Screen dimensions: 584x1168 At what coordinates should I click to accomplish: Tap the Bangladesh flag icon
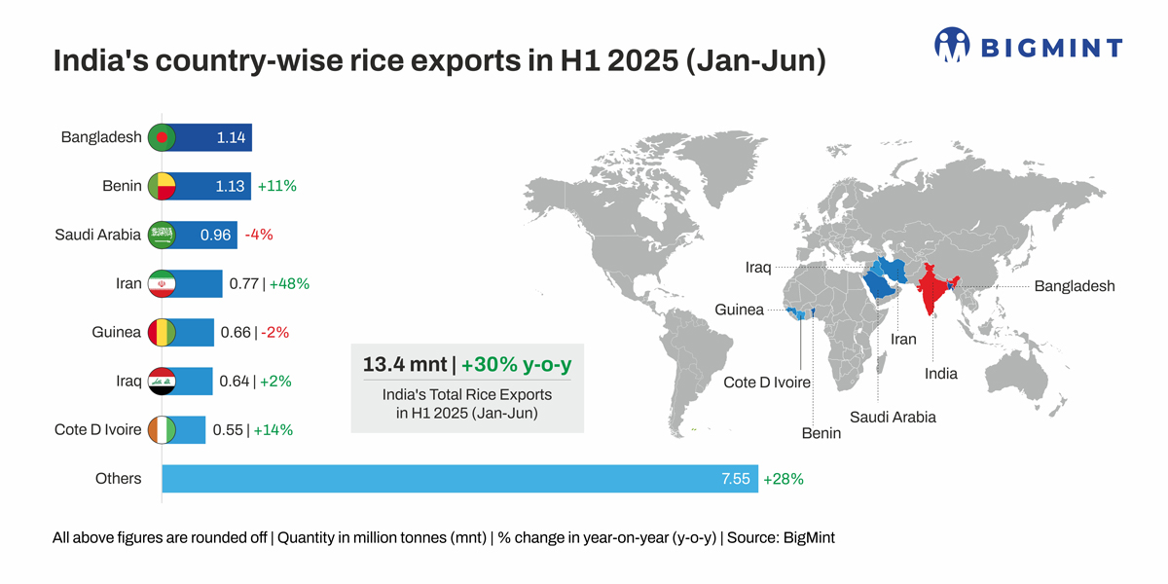click(x=161, y=137)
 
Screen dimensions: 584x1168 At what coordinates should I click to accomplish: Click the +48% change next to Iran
click(x=288, y=283)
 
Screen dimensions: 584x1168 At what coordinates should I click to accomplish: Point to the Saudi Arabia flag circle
click(x=161, y=235)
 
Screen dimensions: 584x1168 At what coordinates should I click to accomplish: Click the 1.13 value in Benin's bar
click(x=230, y=186)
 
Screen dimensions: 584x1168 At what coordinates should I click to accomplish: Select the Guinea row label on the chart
click(x=116, y=332)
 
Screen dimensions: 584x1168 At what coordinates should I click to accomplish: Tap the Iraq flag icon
click(x=161, y=381)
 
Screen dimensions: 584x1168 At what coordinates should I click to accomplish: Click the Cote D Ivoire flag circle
click(x=161, y=429)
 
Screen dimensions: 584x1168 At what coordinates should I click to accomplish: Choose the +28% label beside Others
click(x=784, y=479)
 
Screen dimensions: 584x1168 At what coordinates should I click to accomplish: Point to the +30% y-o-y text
click(x=516, y=365)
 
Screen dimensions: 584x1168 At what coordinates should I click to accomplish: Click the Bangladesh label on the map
click(x=1074, y=286)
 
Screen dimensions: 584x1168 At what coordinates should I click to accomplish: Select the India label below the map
click(x=940, y=374)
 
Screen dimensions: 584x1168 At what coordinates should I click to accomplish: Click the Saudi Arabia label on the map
click(x=893, y=417)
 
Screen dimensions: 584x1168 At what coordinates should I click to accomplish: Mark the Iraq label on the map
click(x=758, y=267)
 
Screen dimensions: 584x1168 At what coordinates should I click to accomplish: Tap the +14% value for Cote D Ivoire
click(x=273, y=429)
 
